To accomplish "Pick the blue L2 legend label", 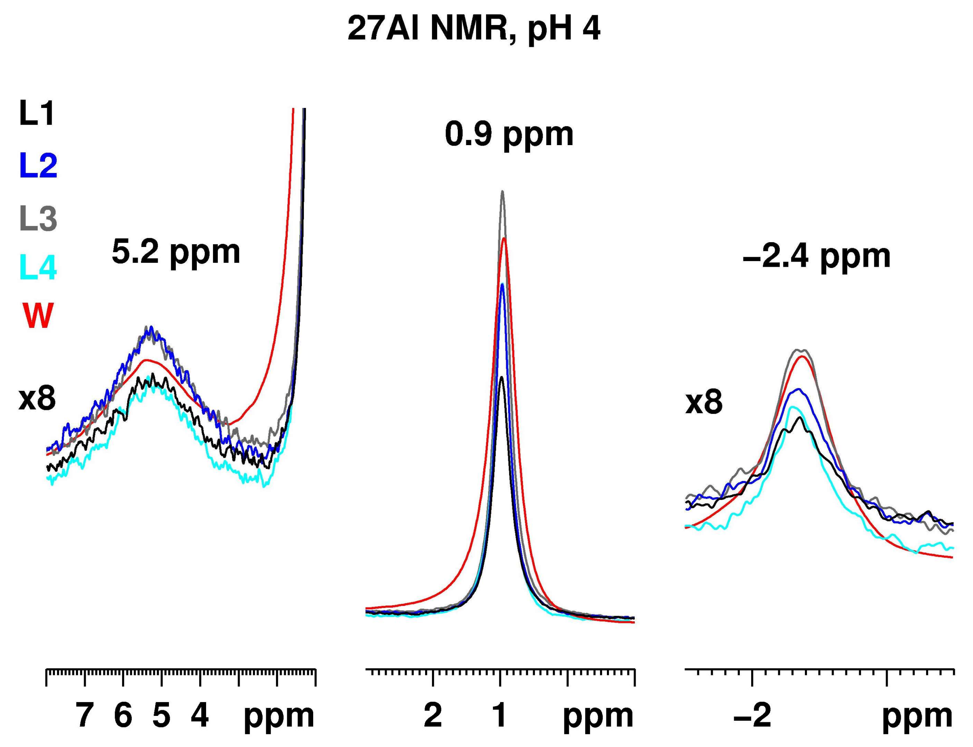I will tap(38, 165).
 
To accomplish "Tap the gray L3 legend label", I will tap(38, 217).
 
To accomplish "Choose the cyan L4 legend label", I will tap(38, 268).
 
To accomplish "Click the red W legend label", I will tap(37, 316).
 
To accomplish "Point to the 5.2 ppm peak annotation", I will tap(176, 252).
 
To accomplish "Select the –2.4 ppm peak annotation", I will tap(817, 257).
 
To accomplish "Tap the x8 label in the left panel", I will tap(37, 399).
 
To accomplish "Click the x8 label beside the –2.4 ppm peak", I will tap(703, 403).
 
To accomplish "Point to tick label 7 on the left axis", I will tap(84, 715).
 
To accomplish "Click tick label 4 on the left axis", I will tap(200, 715).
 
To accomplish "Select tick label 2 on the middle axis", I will tap(432, 715).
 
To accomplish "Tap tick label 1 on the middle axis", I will tap(500, 715).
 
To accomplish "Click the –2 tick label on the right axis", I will tap(752, 715).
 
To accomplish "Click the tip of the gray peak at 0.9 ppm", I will tap(503, 192).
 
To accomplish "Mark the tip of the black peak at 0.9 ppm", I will tap(501, 377).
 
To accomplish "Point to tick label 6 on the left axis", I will tap(123, 715).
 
